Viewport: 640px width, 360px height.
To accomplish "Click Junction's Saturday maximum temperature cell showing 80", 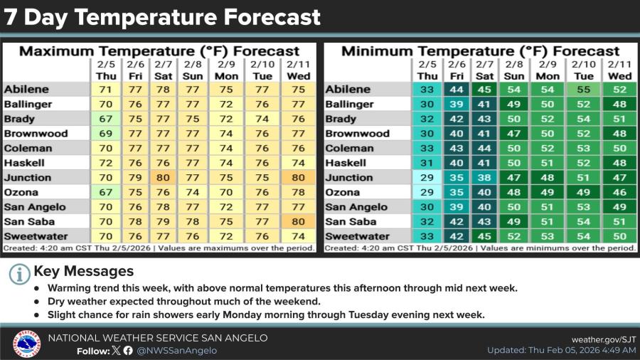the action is click(x=164, y=178).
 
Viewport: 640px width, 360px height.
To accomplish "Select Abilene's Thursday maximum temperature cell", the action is click(x=106, y=90).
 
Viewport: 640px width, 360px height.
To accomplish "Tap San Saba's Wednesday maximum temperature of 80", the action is click(x=299, y=222).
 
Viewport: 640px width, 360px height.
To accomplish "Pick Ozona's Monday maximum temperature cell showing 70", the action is click(x=226, y=192).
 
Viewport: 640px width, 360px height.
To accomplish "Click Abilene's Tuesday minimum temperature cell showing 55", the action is click(x=584, y=90).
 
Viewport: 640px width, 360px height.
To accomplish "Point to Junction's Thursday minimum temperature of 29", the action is click(x=427, y=178).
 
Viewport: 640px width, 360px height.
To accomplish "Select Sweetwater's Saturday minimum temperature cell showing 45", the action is click(x=484, y=236).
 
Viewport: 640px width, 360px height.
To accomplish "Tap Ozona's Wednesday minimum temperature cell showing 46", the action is click(x=619, y=192).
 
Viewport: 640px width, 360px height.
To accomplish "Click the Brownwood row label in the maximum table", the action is click(x=36, y=134).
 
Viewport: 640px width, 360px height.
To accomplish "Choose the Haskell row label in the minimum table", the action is click(x=346, y=163).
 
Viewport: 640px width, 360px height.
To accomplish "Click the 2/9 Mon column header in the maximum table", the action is click(x=227, y=70).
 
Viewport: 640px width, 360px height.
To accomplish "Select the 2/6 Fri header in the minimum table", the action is click(x=457, y=70).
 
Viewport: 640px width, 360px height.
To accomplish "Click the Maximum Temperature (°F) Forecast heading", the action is click(x=159, y=51).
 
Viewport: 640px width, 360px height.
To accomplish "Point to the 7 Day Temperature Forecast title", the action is click(x=162, y=17).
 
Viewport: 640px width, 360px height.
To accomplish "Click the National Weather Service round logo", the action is click(x=26, y=344).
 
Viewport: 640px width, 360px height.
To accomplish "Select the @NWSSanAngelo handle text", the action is click(x=177, y=351).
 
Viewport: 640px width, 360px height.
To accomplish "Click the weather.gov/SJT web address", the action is click(x=604, y=339).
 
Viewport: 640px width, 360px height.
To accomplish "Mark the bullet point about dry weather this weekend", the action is click(x=184, y=302).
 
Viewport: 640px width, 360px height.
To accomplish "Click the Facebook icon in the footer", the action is click(x=128, y=351).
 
